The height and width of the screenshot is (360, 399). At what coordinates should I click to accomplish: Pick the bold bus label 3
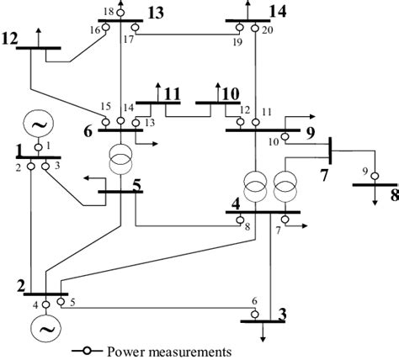(x=282, y=314)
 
